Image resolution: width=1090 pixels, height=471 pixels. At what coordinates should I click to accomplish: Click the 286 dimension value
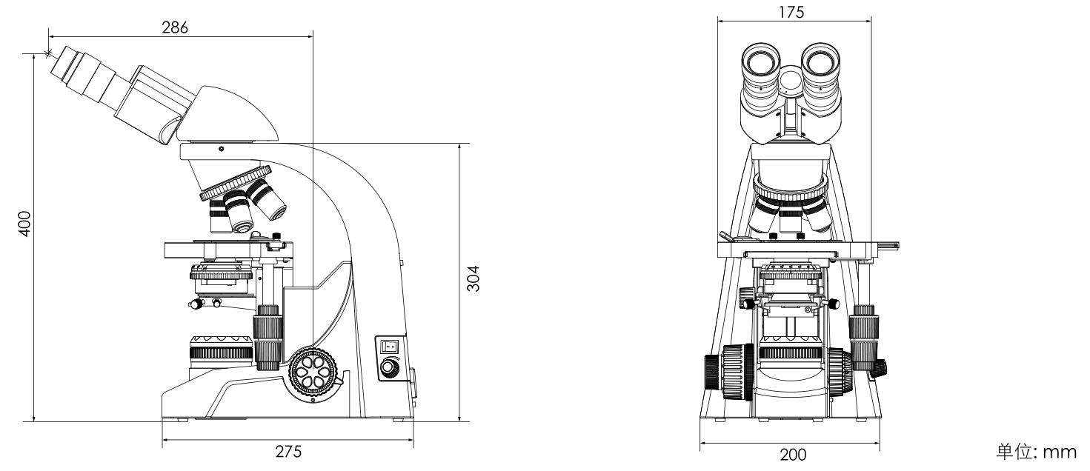[x=176, y=27]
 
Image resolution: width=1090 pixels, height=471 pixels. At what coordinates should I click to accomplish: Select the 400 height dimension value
[x=24, y=222]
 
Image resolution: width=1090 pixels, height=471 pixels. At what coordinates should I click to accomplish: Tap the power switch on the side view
[x=389, y=345]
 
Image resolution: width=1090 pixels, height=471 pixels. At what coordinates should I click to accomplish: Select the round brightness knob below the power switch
[x=388, y=367]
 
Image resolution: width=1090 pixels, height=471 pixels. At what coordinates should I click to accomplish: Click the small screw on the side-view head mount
[x=221, y=150]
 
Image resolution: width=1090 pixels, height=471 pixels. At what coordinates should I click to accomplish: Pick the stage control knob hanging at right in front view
[x=865, y=337]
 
